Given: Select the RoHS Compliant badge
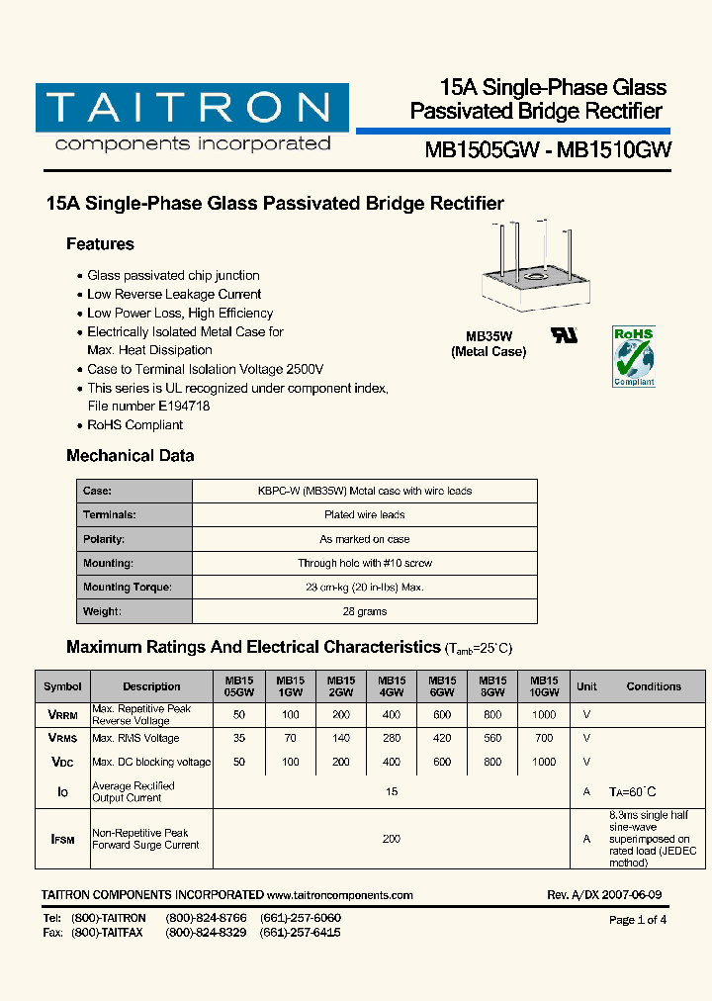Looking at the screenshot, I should point(634,356).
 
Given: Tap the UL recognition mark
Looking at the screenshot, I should point(565,334).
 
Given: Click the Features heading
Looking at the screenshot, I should point(100,244).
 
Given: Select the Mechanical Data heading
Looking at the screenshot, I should point(130,456).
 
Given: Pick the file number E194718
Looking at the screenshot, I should point(184,407).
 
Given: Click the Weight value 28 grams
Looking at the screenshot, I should point(365,611).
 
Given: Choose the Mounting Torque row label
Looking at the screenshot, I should point(128,588).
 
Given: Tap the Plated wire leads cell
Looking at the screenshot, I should point(365,515).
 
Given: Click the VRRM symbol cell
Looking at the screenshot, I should point(63,714).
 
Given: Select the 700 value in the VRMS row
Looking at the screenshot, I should point(544,738).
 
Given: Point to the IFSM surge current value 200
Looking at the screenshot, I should point(392,839).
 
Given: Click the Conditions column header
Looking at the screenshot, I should point(654,686).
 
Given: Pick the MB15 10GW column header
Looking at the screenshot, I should point(544,686).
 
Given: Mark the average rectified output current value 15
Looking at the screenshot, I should point(392,791).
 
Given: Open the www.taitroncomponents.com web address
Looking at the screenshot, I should point(339,895).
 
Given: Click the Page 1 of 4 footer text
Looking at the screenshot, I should point(638,920).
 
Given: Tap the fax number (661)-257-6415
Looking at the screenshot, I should point(301,933).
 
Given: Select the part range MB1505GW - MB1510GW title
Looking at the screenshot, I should point(548,150).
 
